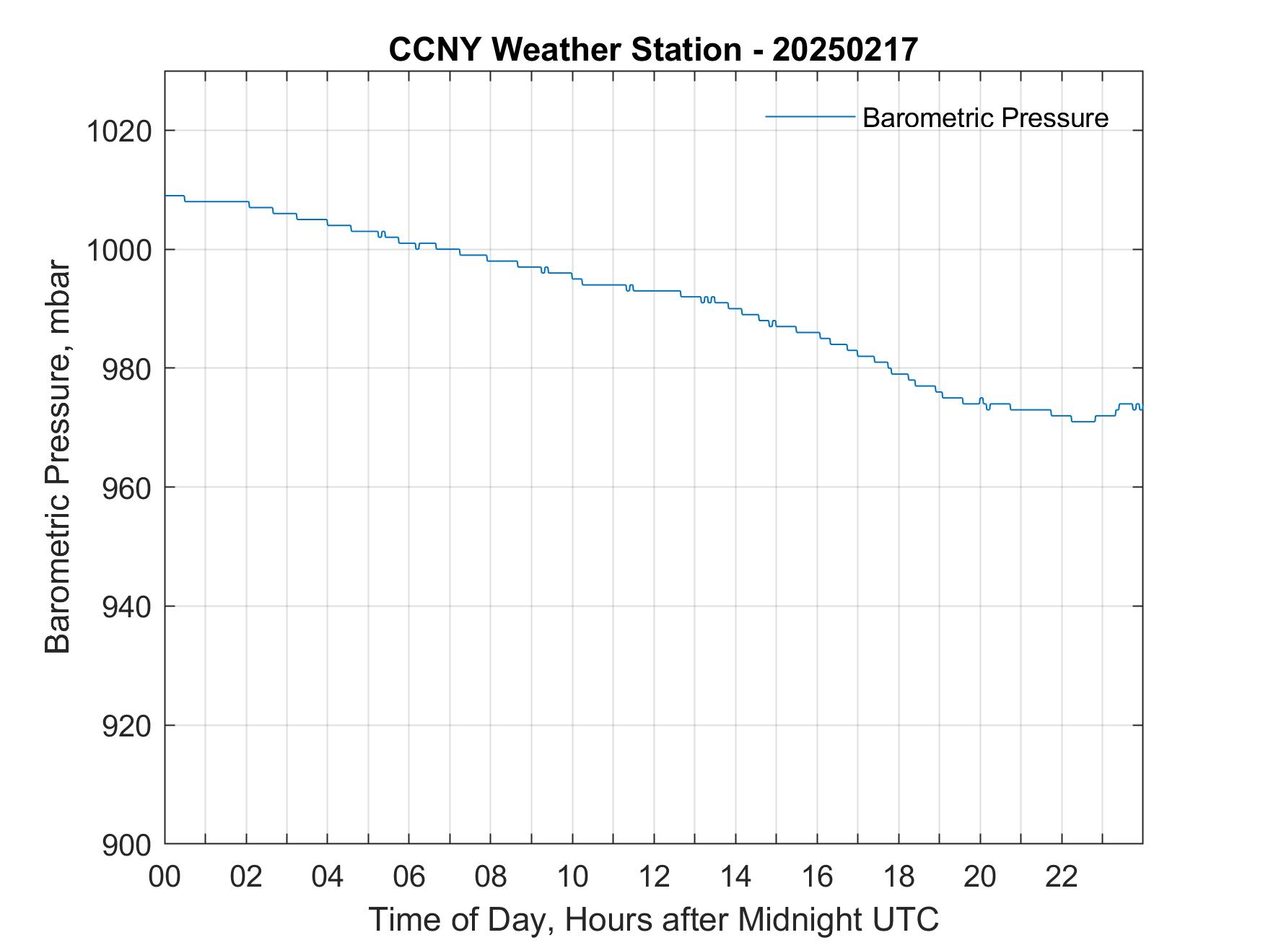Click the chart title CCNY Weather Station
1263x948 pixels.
(x=564, y=50)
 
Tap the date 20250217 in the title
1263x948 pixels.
(x=844, y=50)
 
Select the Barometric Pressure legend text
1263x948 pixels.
(x=985, y=118)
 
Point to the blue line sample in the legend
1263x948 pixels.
(x=810, y=116)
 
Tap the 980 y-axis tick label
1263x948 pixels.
(x=127, y=369)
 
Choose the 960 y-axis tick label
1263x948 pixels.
(x=127, y=488)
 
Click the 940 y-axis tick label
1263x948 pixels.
(x=127, y=607)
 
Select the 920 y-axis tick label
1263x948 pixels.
(x=127, y=726)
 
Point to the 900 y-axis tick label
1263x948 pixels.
(x=127, y=845)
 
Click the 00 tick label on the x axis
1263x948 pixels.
(x=165, y=877)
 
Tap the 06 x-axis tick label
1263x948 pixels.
(x=409, y=877)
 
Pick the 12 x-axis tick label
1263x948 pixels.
(x=654, y=877)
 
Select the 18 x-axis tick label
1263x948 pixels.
(x=899, y=877)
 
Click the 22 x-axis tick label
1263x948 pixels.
(x=1062, y=877)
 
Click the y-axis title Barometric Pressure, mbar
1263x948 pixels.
(x=58, y=458)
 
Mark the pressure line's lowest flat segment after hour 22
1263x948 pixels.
(x=1083, y=422)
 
